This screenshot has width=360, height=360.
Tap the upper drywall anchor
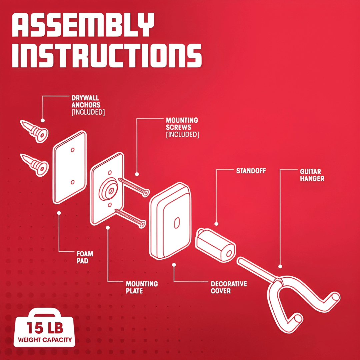click(34, 131)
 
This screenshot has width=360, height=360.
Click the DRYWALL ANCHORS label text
click(88, 105)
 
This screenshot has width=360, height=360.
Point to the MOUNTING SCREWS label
click(182, 127)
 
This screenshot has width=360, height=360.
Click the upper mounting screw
click(134, 187)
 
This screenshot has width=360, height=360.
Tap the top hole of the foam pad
click(73, 150)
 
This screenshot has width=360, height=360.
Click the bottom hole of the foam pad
click(73, 182)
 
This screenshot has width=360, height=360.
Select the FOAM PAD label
click(85, 257)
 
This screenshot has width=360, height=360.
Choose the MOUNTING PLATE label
click(142, 287)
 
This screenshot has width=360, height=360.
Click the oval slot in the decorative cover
click(177, 223)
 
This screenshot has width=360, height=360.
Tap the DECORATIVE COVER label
click(229, 287)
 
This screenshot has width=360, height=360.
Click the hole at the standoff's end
click(229, 253)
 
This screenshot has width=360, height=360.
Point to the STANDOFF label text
click(251, 171)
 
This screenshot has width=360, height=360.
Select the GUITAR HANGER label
click(312, 175)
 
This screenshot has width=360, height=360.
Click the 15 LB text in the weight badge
click(45, 328)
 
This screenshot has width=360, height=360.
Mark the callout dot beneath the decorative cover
click(174, 265)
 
